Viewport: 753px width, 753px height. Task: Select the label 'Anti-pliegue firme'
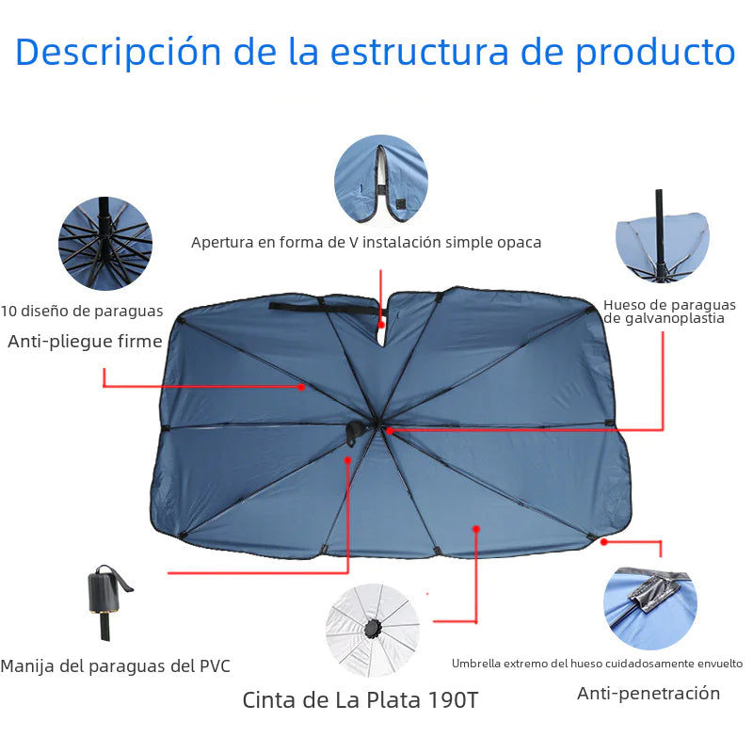[85, 342]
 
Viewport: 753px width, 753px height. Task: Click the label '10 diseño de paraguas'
[82, 311]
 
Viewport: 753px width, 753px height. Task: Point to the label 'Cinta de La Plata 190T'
[366, 700]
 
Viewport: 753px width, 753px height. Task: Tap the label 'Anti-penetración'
[649, 694]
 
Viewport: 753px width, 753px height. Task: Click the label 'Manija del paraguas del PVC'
[115, 666]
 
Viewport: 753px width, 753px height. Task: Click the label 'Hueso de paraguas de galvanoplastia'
[669, 312]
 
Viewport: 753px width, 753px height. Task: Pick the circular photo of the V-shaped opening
[381, 181]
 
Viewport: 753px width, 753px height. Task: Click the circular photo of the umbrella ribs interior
[105, 244]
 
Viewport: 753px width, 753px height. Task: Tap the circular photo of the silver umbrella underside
[373, 631]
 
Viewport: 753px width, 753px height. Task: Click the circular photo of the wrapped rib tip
[649, 608]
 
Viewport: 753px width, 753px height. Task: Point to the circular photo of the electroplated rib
[662, 239]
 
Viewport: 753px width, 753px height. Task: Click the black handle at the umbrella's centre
[356, 432]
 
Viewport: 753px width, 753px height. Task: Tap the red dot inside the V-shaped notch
[381, 324]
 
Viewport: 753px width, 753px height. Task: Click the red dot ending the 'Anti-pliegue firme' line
[301, 386]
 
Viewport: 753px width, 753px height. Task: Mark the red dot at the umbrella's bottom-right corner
[604, 541]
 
